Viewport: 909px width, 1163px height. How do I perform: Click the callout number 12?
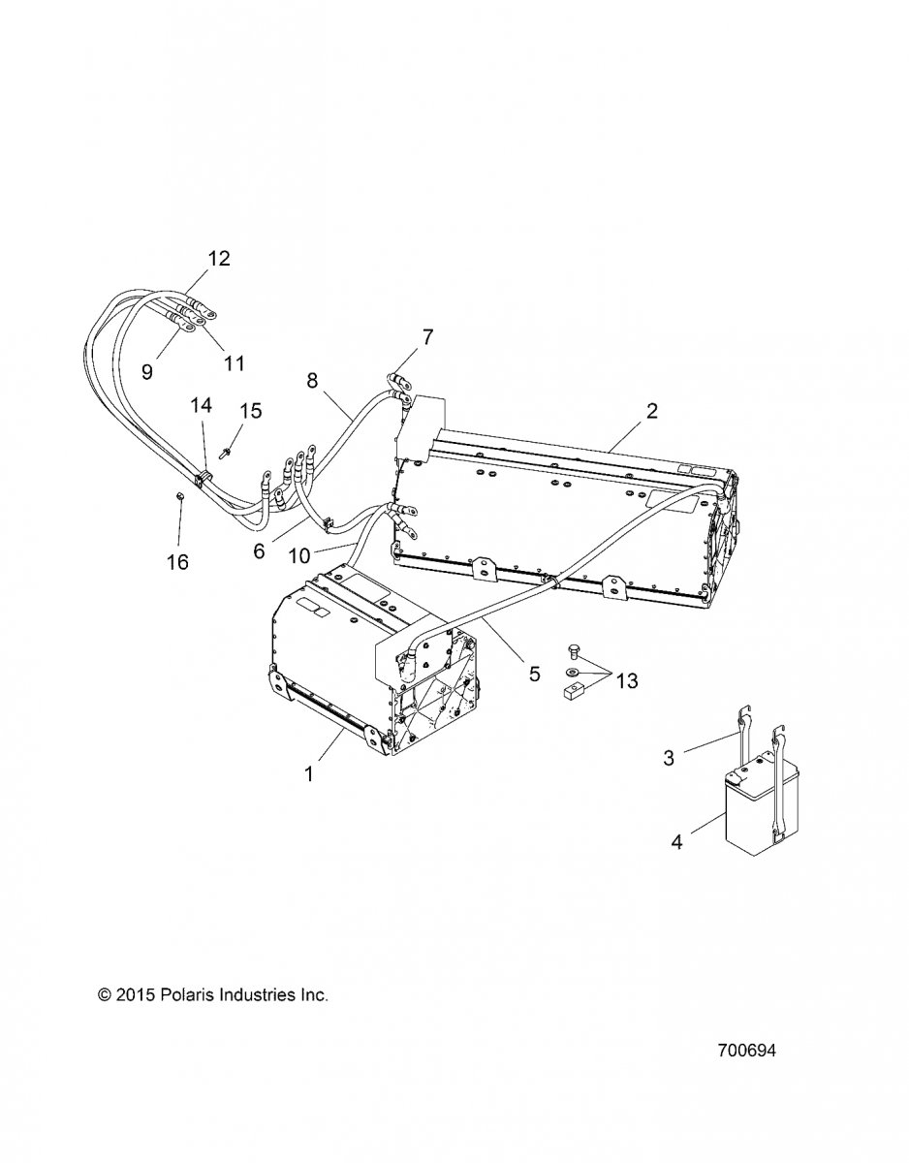(219, 259)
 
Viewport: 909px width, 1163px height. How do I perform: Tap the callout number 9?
(147, 371)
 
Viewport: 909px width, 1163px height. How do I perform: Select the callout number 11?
(234, 363)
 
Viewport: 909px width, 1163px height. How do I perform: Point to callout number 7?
(427, 337)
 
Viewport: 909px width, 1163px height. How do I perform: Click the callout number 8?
(312, 381)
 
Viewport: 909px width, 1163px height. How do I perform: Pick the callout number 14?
(202, 405)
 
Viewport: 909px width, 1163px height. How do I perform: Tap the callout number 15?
(250, 411)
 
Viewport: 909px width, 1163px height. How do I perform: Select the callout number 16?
(177, 562)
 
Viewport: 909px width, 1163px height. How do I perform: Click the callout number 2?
(651, 411)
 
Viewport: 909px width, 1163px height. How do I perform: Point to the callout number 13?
(627, 681)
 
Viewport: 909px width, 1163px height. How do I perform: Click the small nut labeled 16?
(181, 496)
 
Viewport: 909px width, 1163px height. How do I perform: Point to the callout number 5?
(535, 674)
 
